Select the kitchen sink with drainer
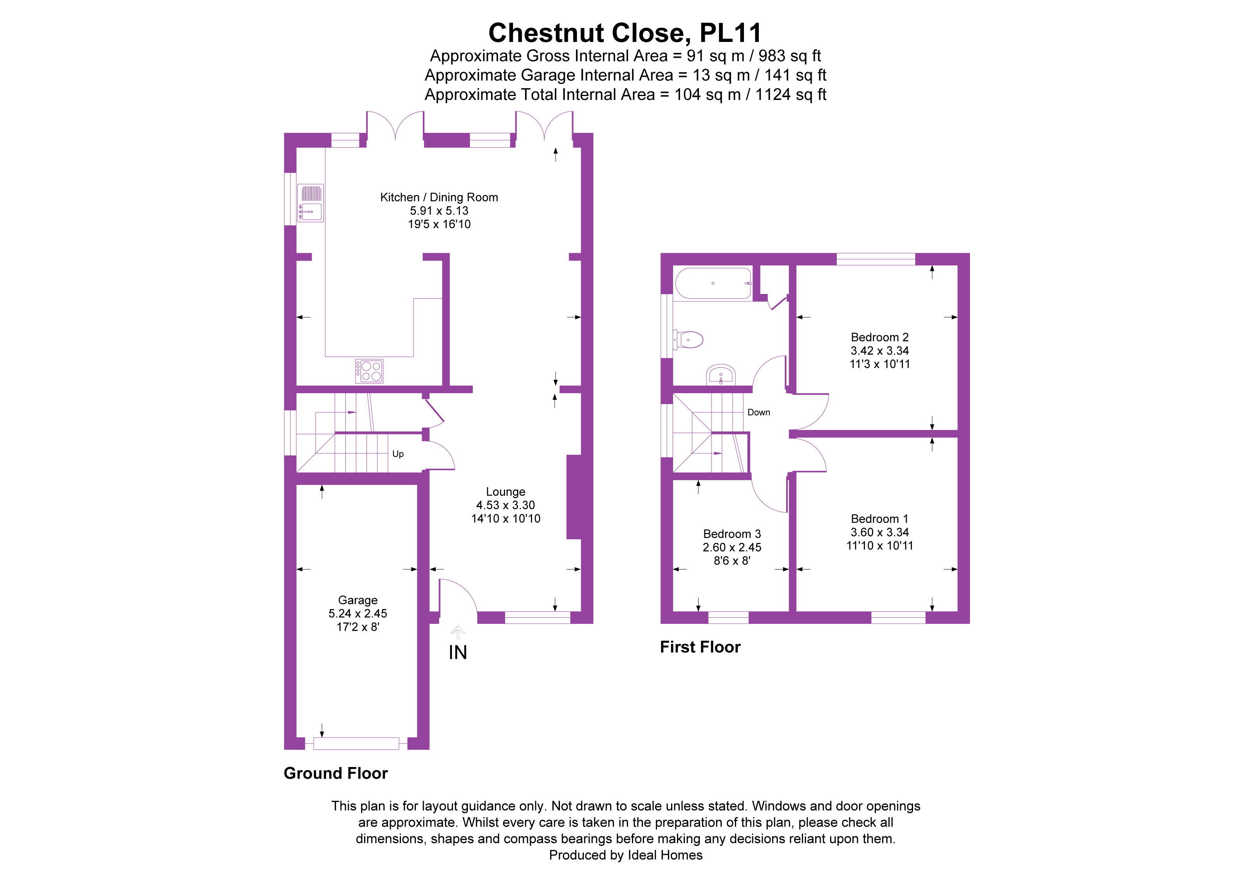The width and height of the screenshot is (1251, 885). click(310, 203)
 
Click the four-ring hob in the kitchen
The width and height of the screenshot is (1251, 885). click(369, 371)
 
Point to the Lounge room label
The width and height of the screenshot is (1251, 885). click(505, 492)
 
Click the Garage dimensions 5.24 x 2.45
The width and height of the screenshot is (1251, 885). click(357, 613)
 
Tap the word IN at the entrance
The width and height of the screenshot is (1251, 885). click(458, 653)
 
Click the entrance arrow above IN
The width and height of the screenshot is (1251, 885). click(458, 633)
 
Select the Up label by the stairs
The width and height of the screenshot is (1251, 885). click(398, 454)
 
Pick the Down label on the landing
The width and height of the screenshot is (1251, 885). click(758, 412)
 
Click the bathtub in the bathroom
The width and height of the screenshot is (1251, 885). click(713, 283)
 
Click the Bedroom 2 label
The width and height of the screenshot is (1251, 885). click(879, 337)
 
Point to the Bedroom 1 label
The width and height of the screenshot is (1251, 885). click(879, 519)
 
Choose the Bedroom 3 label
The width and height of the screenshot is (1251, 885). click(732, 534)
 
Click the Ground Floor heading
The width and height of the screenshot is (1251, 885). click(336, 773)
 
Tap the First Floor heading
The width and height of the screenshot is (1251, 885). click(700, 647)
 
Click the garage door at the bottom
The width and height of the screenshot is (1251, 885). click(356, 743)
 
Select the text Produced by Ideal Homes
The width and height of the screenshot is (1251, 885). click(626, 855)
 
